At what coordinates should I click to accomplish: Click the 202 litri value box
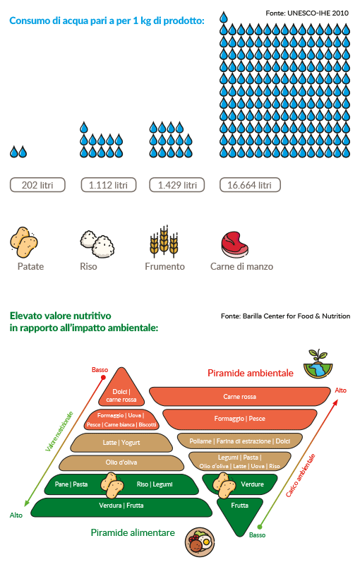[x=37, y=185]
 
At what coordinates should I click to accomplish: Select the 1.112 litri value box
[x=109, y=185]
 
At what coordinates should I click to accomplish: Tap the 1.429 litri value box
[x=177, y=185]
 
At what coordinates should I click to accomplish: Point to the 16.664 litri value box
[x=250, y=185]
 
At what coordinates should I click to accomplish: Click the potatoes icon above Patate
[x=24, y=242]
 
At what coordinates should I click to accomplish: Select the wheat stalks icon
[x=164, y=241]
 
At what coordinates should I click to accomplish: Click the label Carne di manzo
[x=242, y=266]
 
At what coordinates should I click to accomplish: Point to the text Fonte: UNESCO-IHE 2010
[x=307, y=13]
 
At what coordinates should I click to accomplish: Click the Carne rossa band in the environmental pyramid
[x=239, y=396]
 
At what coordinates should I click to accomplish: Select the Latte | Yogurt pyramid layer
[x=121, y=443]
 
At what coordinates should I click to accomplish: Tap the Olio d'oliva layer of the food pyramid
[x=121, y=462]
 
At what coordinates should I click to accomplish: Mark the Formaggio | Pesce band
[x=239, y=419]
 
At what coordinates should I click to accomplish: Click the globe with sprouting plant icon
[x=318, y=364]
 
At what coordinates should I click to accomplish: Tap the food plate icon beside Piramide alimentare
[x=200, y=542]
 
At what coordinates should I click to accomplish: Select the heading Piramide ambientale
[x=251, y=374]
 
